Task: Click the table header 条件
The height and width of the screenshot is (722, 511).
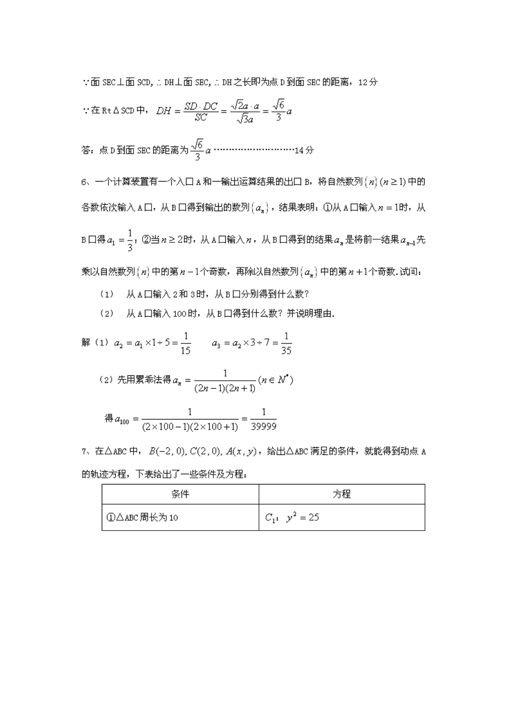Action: (180, 494)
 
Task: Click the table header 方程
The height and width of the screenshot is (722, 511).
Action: (341, 494)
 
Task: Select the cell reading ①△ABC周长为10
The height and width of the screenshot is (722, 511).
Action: (142, 517)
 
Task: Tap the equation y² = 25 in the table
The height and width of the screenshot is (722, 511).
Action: (303, 517)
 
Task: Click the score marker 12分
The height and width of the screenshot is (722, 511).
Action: (368, 82)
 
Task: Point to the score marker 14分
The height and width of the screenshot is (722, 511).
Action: (304, 150)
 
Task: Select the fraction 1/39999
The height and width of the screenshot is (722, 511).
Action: (264, 419)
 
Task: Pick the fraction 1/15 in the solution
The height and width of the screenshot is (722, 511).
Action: (186, 343)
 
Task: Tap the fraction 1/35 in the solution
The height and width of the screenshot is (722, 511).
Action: (286, 343)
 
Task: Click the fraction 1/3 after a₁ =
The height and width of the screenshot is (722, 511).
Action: (130, 240)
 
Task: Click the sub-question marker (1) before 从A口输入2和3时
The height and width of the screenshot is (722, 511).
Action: (107, 294)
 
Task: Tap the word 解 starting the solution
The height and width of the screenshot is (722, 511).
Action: (86, 342)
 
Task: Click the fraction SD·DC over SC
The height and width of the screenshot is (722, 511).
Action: (201, 111)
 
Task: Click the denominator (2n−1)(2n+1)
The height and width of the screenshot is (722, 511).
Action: (225, 388)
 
